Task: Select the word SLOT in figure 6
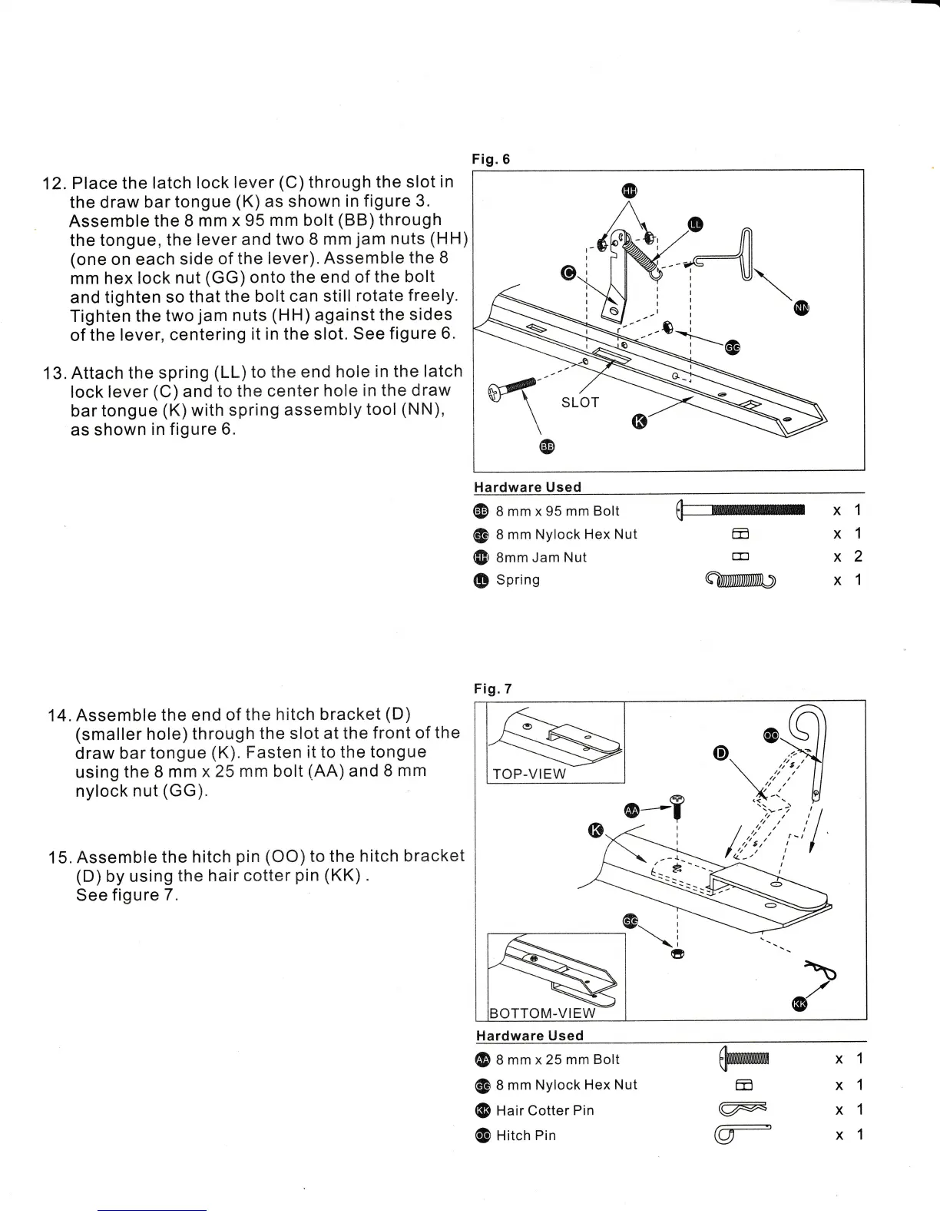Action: [x=580, y=403]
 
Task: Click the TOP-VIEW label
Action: [x=529, y=774]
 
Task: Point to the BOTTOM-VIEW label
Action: [x=542, y=1013]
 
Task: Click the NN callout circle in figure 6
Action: [x=803, y=308]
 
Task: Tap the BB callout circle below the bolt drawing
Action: [x=547, y=446]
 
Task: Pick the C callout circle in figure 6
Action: [x=568, y=273]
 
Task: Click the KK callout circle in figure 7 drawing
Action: [x=799, y=1004]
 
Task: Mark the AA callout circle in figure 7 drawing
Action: [x=632, y=811]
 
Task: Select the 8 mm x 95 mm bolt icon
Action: [x=740, y=510]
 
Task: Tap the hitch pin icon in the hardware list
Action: [x=742, y=1133]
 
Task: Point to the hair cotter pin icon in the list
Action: [x=742, y=1109]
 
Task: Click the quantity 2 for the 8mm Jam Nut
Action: [x=858, y=556]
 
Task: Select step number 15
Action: [x=58, y=857]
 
